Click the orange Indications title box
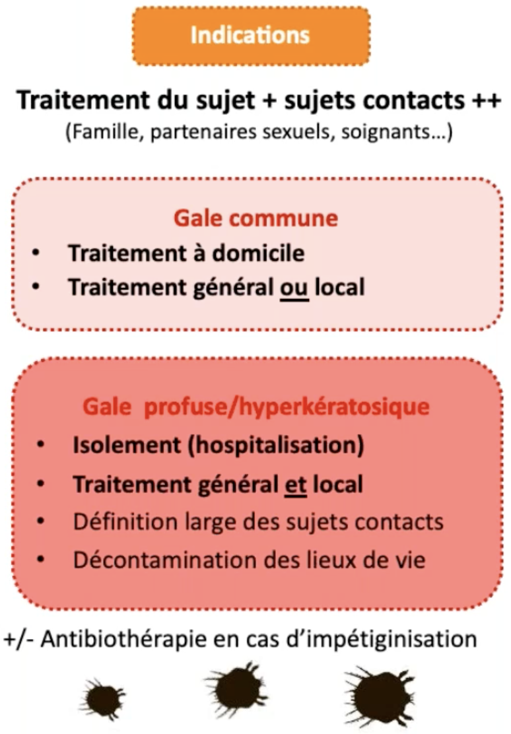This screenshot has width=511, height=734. click(250, 36)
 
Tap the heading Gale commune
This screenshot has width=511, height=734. click(255, 218)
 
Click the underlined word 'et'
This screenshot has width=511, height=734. click(292, 484)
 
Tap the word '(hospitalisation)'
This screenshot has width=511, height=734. click(275, 446)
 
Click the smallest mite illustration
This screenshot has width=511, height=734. click(103, 697)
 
